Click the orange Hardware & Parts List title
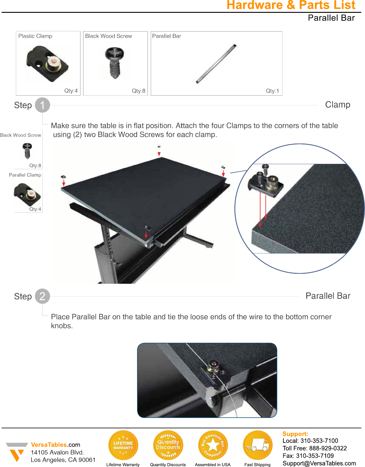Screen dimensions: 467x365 pyautogui.click(x=291, y=5)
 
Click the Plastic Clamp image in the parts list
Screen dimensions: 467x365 pyautogui.click(x=47, y=63)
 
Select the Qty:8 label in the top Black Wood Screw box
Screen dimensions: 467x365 pyautogui.click(x=139, y=91)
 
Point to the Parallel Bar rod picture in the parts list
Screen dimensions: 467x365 pyautogui.click(x=216, y=64)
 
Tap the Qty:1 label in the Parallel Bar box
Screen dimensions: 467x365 pyautogui.click(x=272, y=91)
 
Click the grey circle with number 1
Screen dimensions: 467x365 pyautogui.click(x=42, y=105)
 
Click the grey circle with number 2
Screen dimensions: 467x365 pyautogui.click(x=42, y=296)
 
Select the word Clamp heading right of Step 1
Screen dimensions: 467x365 pyautogui.click(x=338, y=105)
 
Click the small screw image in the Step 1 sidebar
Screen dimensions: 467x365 pyautogui.click(x=27, y=150)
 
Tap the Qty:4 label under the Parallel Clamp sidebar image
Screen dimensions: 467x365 pyautogui.click(x=35, y=209)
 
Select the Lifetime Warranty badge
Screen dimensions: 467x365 pyautogui.click(x=123, y=445)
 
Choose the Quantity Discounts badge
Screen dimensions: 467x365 pyautogui.click(x=168, y=445)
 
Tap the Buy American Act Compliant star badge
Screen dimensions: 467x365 pyautogui.click(x=213, y=445)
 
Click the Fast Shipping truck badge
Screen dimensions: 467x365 pyautogui.click(x=257, y=445)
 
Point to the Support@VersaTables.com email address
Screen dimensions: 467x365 pyautogui.click(x=319, y=463)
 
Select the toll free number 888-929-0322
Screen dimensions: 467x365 pyautogui.click(x=328, y=448)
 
